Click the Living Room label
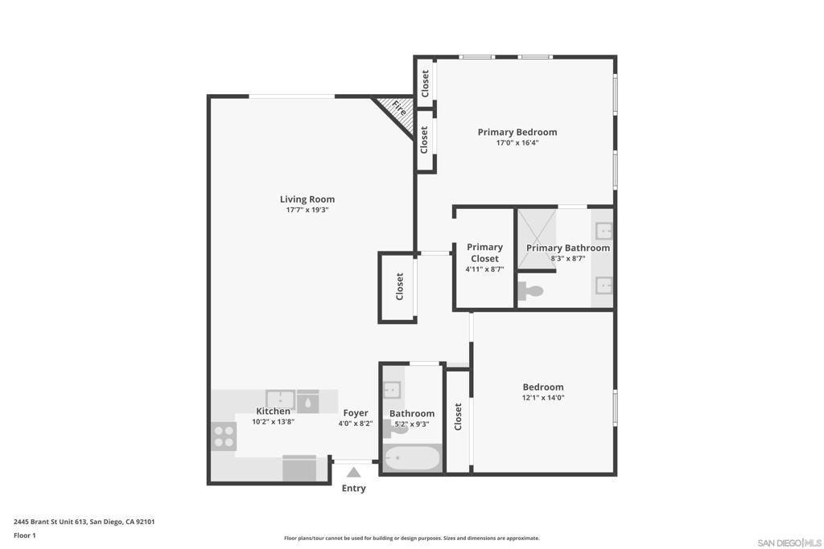(307, 199)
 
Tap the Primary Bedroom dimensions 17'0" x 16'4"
(517, 143)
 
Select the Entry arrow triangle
(354, 472)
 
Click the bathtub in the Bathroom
(412, 458)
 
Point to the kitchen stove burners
(224, 436)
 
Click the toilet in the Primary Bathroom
(530, 291)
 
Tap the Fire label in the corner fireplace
(399, 109)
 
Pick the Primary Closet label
(484, 252)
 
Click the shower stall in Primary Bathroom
(537, 239)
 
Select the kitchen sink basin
(280, 400)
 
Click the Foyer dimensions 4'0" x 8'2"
(355, 424)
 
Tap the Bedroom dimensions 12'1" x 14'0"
(543, 398)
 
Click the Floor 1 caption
(25, 535)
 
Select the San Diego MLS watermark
(789, 543)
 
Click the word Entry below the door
(354, 488)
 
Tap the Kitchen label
(273, 411)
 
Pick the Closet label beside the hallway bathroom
(458, 416)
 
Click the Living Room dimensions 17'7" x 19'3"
(307, 210)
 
